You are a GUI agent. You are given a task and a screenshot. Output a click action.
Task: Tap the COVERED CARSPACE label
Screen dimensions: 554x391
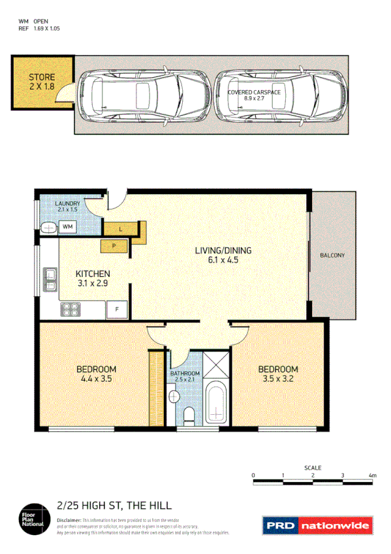click(254, 93)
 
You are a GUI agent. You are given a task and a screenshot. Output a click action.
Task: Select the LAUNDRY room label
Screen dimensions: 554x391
click(68, 204)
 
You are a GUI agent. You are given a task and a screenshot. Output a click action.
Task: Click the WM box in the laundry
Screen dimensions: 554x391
click(68, 227)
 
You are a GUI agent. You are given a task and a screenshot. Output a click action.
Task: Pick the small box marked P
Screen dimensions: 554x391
click(114, 246)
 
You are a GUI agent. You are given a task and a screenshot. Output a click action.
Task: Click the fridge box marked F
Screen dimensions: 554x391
click(117, 308)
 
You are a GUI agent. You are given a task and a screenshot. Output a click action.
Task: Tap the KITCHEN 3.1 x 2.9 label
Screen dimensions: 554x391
click(93, 278)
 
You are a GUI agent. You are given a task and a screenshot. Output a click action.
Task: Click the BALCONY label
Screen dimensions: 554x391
click(333, 255)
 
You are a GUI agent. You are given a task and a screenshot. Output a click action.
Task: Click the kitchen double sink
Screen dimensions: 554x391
click(49, 279)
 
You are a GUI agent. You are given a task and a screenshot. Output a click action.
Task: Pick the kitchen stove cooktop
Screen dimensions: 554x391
click(69, 309)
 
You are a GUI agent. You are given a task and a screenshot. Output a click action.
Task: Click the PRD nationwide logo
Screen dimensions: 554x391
click(317, 525)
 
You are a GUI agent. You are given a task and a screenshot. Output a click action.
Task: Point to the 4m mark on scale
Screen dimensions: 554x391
click(372, 475)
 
